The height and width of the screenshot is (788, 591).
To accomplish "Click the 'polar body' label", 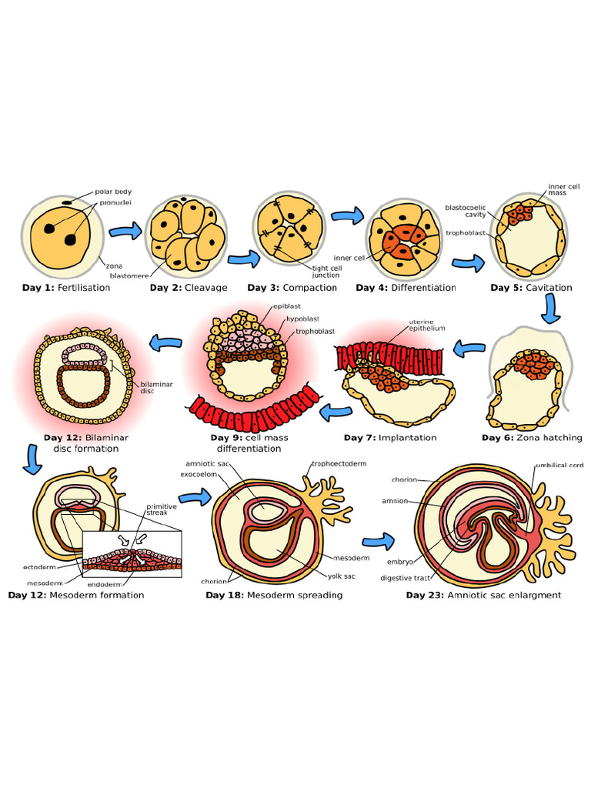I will [x=112, y=192].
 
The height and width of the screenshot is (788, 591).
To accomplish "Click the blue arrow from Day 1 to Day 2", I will [x=125, y=230].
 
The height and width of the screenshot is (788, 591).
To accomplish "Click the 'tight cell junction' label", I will [x=326, y=272].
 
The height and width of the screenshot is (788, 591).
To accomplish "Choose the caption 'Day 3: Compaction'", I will [x=292, y=288].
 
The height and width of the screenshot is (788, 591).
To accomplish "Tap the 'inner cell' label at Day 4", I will [x=348, y=258].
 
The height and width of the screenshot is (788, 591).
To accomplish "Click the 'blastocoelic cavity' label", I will [x=465, y=210].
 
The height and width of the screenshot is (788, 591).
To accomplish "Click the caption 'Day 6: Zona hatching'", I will [x=532, y=438].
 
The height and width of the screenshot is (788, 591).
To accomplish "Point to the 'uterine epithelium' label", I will [x=426, y=325].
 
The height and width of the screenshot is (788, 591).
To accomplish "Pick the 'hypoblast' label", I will [x=302, y=319].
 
